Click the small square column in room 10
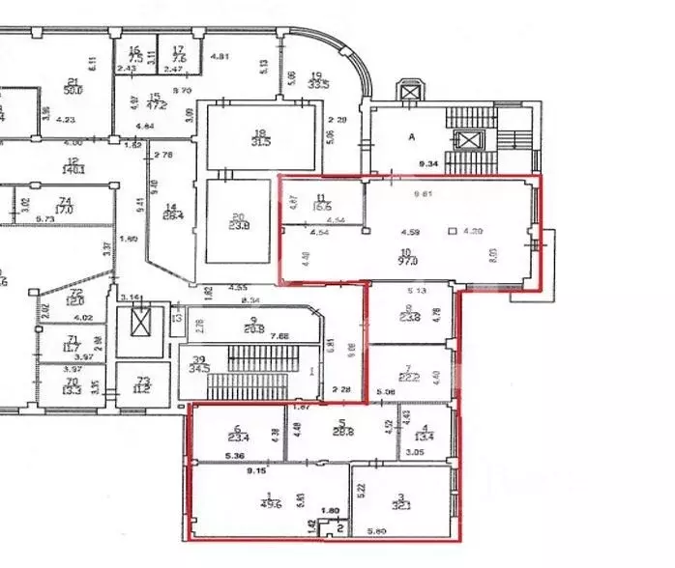coord(452,232)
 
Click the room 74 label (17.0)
coord(65,207)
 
